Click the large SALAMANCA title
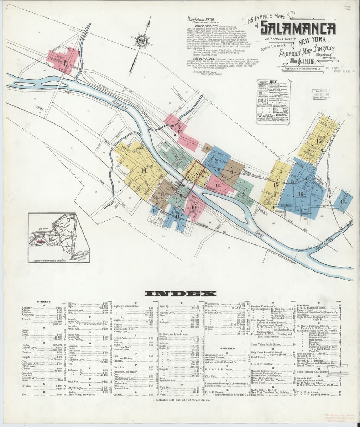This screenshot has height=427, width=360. [298, 28]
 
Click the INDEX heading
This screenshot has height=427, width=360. [180, 294]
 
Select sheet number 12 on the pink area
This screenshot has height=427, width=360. [179, 131]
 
